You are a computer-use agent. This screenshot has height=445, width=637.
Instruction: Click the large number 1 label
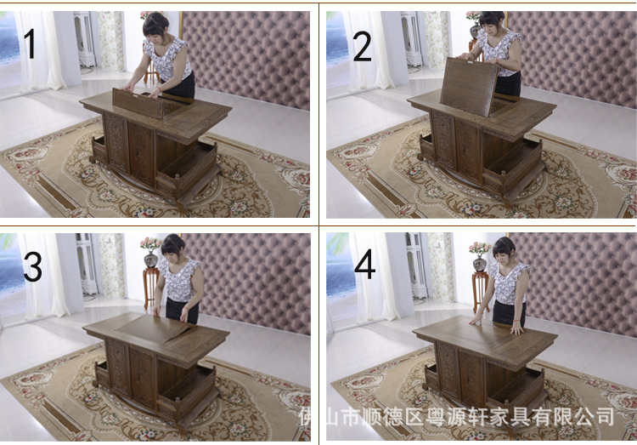pos(30,43)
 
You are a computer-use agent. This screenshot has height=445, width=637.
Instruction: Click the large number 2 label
pos(362,47)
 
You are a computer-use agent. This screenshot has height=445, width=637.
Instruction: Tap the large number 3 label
pos(32,266)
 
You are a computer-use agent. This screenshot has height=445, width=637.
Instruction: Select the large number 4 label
pos(365,264)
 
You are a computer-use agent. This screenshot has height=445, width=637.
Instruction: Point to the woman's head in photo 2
pos(492,20)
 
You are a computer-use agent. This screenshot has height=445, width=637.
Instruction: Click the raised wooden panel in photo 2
pos(469,86)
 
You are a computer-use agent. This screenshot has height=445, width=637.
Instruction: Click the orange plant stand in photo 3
pos(150,287)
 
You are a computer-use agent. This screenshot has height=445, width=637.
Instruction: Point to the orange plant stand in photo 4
pos(480,290)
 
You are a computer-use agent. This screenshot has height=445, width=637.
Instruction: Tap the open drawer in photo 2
pos(514,163)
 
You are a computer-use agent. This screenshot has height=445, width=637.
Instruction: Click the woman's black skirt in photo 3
pos(182,311)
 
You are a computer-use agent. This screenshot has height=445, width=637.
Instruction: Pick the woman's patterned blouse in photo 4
pos(509,283)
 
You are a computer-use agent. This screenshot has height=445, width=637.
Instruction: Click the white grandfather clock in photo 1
pos(84,38)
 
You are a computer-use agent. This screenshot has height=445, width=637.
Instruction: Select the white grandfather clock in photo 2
pos(412,38)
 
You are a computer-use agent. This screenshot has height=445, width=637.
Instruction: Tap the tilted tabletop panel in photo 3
pos(154,328)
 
